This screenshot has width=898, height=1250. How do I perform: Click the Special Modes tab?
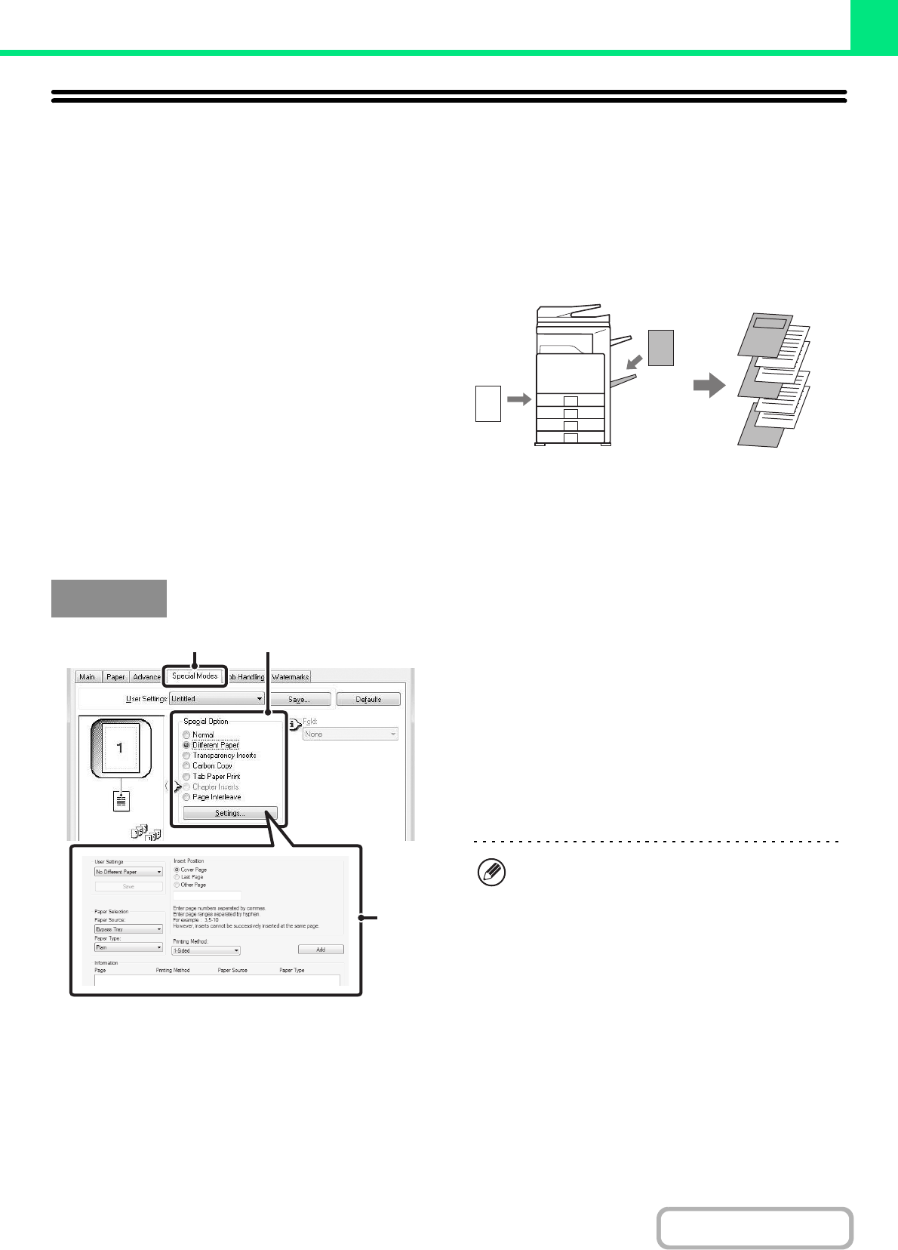coord(195,676)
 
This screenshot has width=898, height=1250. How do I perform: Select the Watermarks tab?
coord(291,677)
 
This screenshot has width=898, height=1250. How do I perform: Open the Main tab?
coord(88,677)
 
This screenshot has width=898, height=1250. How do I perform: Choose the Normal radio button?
coord(186,735)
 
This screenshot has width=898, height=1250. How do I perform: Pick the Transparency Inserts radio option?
coord(186,756)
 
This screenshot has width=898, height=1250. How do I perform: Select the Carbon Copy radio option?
coord(186,766)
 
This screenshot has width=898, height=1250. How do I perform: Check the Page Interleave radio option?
coord(186,797)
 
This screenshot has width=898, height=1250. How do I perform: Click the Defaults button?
coord(368,700)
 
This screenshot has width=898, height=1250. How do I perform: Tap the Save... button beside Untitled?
coord(299,700)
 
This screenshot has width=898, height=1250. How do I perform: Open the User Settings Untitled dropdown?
coord(217,700)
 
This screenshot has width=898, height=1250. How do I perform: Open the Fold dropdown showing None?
coord(350,734)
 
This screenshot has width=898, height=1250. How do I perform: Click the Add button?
coord(321,950)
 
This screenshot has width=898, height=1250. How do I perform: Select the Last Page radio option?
coord(177,877)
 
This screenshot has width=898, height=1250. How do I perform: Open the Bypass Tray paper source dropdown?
coord(128,929)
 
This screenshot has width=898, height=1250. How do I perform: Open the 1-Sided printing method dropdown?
coord(206,951)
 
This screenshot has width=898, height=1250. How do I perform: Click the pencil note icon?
coord(491,873)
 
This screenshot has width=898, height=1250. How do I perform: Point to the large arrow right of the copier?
coord(709,386)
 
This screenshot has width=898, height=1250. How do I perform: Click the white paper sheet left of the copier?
coord(488,402)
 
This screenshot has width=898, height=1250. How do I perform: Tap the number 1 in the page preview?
coord(119,748)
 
